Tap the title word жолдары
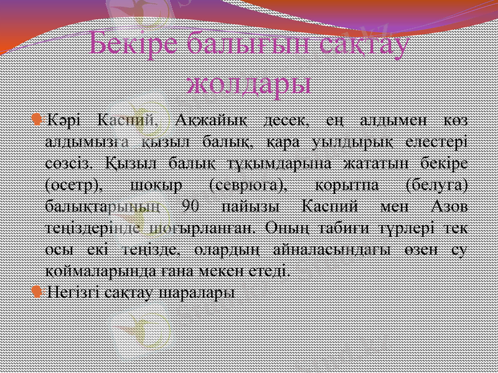tap(249, 83)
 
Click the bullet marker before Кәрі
tap(38, 118)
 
